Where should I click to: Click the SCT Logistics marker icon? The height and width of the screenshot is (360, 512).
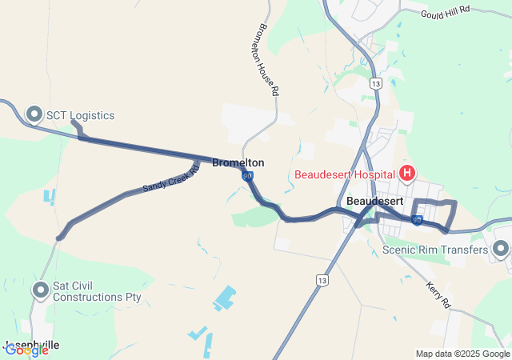coord(34,115)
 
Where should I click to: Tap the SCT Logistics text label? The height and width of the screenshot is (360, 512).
coord(80,115)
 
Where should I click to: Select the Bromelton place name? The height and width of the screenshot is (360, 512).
coord(238,162)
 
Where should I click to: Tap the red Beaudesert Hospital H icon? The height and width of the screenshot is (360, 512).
coord(407,173)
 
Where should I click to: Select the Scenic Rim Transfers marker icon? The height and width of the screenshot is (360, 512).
coord(502,250)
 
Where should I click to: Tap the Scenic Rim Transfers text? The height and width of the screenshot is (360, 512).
coord(434,250)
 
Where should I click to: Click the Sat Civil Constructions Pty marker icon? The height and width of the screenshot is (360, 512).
coord(41,290)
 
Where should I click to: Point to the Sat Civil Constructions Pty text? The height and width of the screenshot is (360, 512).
coord(97,290)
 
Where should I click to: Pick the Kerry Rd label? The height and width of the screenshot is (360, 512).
coord(439,294)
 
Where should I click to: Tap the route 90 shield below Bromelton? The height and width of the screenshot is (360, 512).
coord(248,175)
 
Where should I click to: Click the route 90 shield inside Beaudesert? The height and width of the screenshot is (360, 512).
coord(417,219)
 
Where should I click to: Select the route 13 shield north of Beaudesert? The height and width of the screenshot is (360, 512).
coord(376,83)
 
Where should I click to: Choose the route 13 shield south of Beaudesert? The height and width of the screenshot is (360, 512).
coord(322,280)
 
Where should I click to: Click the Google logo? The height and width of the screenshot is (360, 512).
coord(26,350)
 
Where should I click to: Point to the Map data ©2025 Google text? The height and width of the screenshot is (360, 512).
coord(462,354)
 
